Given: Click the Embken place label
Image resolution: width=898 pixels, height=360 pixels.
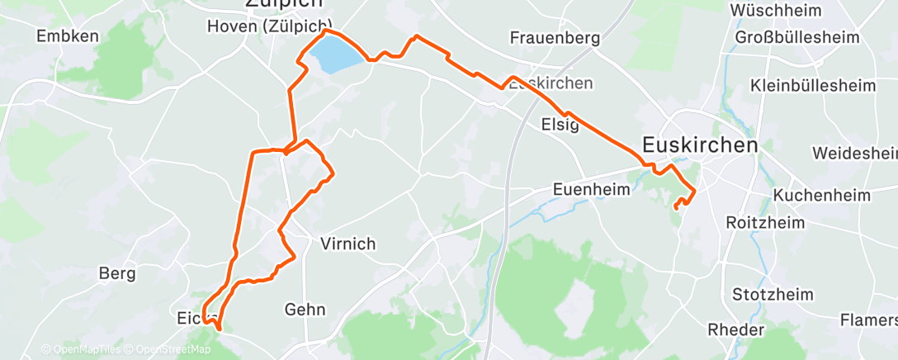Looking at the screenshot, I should pos(69,36).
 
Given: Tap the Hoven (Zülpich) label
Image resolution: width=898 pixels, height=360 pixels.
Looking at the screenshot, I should pos(269,26).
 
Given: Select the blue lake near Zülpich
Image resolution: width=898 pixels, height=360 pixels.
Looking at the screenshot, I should pos(335,58).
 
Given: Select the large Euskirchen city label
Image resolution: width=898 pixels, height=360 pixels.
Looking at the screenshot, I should pos(699,145).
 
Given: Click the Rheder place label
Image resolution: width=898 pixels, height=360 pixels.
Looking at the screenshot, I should pos(735,329).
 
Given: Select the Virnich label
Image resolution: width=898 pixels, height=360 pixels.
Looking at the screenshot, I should pos(347,244).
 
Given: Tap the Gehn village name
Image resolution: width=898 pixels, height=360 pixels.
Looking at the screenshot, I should pos(305,310).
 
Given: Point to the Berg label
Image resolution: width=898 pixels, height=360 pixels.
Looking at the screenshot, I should pos(116,273).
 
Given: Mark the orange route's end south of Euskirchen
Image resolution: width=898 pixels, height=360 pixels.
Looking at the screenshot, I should pos(676,207).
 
